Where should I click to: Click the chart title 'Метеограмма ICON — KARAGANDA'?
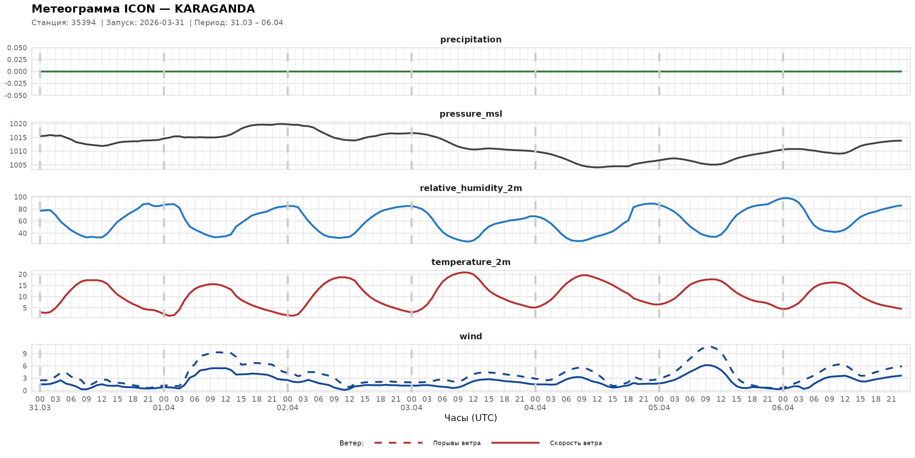(x=143, y=9)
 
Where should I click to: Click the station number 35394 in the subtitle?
(x=83, y=23)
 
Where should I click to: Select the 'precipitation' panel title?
(x=471, y=39)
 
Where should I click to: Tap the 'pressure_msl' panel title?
(x=471, y=114)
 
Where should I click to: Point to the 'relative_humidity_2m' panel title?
(x=471, y=188)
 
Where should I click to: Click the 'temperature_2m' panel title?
(x=471, y=262)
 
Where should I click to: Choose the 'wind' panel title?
(x=471, y=337)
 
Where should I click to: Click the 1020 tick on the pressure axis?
(x=18, y=124)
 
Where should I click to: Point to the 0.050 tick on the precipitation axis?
(x=17, y=48)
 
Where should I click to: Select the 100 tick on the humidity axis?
(x=20, y=197)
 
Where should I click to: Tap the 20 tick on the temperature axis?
(x=22, y=274)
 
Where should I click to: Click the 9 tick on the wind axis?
(x=24, y=354)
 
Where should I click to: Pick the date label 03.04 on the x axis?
(x=411, y=408)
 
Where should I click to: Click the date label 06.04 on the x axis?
(x=783, y=408)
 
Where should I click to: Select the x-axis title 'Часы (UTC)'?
(x=471, y=418)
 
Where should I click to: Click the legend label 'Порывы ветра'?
(x=457, y=443)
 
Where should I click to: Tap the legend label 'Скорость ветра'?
(x=576, y=443)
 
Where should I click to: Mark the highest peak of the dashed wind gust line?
(x=710, y=346)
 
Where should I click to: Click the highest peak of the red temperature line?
(x=464, y=272)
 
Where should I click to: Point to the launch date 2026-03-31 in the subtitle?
(x=162, y=23)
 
